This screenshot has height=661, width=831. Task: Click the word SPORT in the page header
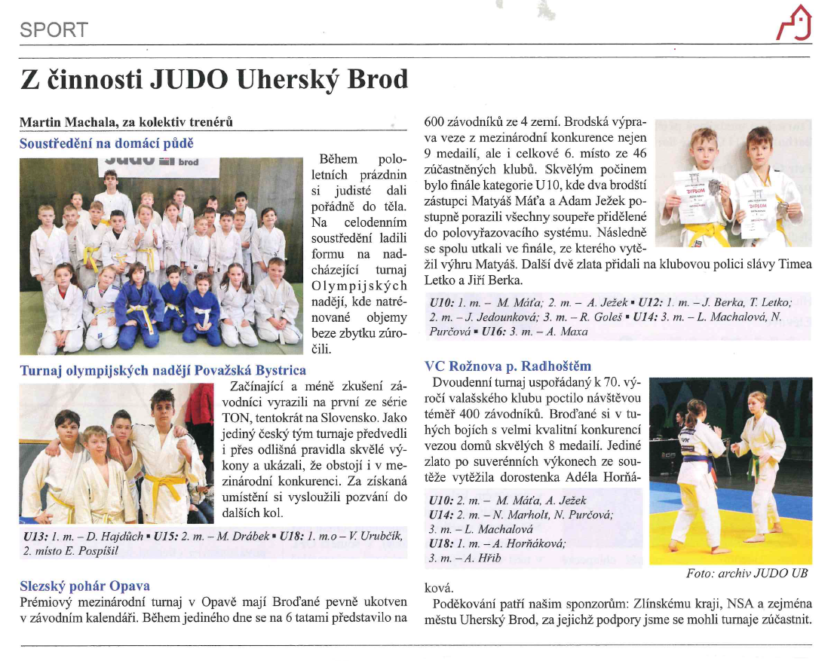tap(54, 30)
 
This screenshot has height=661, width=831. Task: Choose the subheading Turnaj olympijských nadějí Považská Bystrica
tap(163, 370)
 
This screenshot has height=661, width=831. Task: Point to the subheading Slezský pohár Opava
tap(84, 585)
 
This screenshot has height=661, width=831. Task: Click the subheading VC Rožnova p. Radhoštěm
tap(508, 366)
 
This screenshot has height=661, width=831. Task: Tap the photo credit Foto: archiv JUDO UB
tap(747, 574)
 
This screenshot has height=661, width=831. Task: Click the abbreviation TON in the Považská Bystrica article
tap(236, 416)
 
